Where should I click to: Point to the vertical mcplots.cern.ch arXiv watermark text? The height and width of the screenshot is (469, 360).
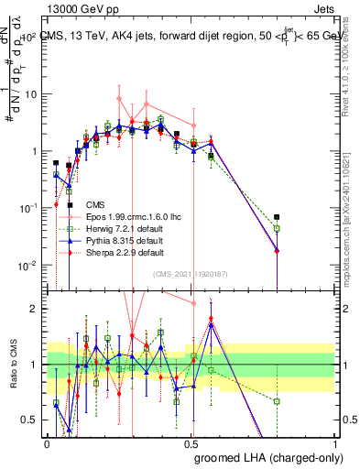(x=352, y=211)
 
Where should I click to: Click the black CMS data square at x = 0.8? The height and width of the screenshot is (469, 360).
(x=277, y=217)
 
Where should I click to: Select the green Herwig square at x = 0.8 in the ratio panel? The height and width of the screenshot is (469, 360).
(x=277, y=401)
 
